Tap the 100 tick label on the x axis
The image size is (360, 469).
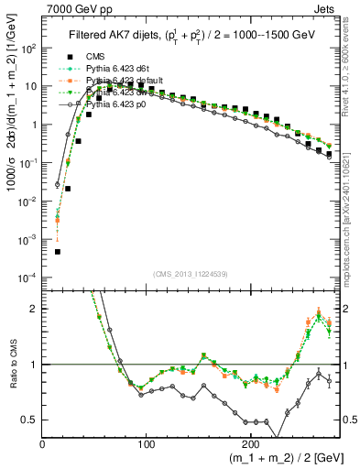click(146, 442)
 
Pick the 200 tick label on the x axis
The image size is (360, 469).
click(249, 442)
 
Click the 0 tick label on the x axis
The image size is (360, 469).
click(42, 442)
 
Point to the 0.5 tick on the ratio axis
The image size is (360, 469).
click(29, 420)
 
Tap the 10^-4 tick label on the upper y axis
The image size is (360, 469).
click(28, 277)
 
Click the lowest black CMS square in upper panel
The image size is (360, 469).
click(57, 251)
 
